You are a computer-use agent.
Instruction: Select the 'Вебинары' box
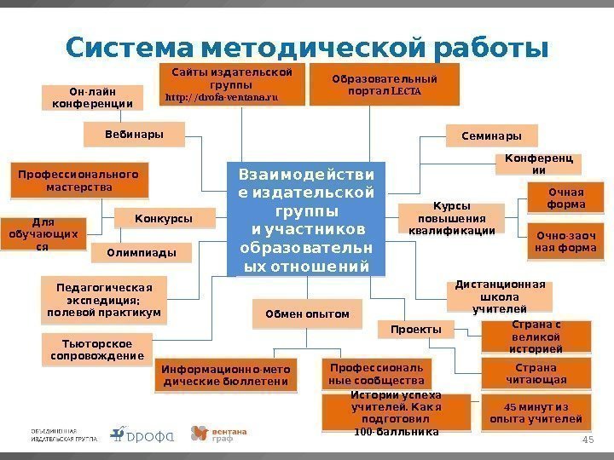123,134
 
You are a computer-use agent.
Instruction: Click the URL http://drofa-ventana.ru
222,98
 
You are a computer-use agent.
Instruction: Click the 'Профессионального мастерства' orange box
78,180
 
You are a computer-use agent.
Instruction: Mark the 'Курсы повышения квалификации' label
452,218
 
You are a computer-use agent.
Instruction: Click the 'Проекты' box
415,329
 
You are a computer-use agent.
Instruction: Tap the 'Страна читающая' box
536,374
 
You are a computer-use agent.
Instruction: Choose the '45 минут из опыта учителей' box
536,413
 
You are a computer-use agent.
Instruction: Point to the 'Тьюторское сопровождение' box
92,349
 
